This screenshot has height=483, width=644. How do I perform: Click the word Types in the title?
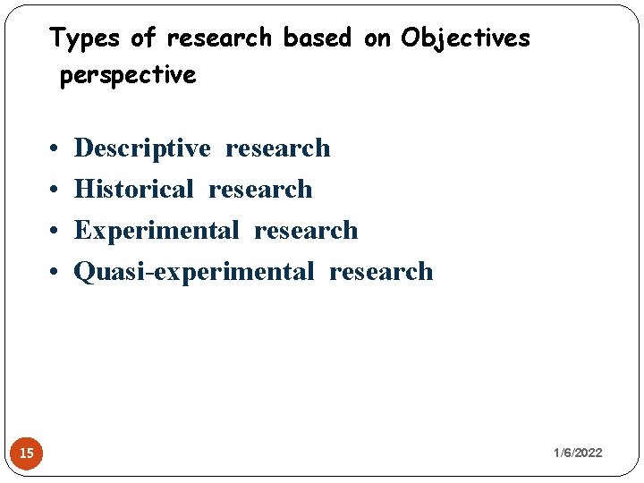[x=86, y=38]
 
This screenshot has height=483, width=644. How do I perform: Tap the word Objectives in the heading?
[x=465, y=38]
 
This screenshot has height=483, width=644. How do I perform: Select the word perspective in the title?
[x=127, y=76]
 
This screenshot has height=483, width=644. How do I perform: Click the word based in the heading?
[x=317, y=38]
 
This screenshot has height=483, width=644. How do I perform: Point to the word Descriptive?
[x=142, y=148]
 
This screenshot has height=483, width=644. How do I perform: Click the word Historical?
[x=133, y=190]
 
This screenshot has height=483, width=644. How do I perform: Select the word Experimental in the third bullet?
[x=157, y=231]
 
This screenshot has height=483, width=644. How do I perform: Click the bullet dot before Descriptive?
[x=55, y=149]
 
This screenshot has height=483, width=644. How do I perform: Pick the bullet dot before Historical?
[x=55, y=191]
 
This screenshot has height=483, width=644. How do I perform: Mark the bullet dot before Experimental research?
[x=55, y=232]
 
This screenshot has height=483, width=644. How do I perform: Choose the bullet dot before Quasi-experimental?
[x=55, y=273]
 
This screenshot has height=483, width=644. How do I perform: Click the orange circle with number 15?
[x=27, y=453]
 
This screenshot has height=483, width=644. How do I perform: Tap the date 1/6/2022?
[x=578, y=453]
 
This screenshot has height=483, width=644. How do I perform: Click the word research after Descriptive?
[x=277, y=148]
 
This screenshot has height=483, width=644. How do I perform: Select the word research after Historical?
[x=260, y=190]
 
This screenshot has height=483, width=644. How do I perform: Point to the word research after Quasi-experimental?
[x=381, y=272]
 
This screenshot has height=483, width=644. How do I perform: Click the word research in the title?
[x=218, y=38]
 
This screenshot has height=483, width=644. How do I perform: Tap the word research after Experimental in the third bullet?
[x=306, y=231]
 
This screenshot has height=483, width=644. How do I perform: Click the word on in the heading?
[x=376, y=38]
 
